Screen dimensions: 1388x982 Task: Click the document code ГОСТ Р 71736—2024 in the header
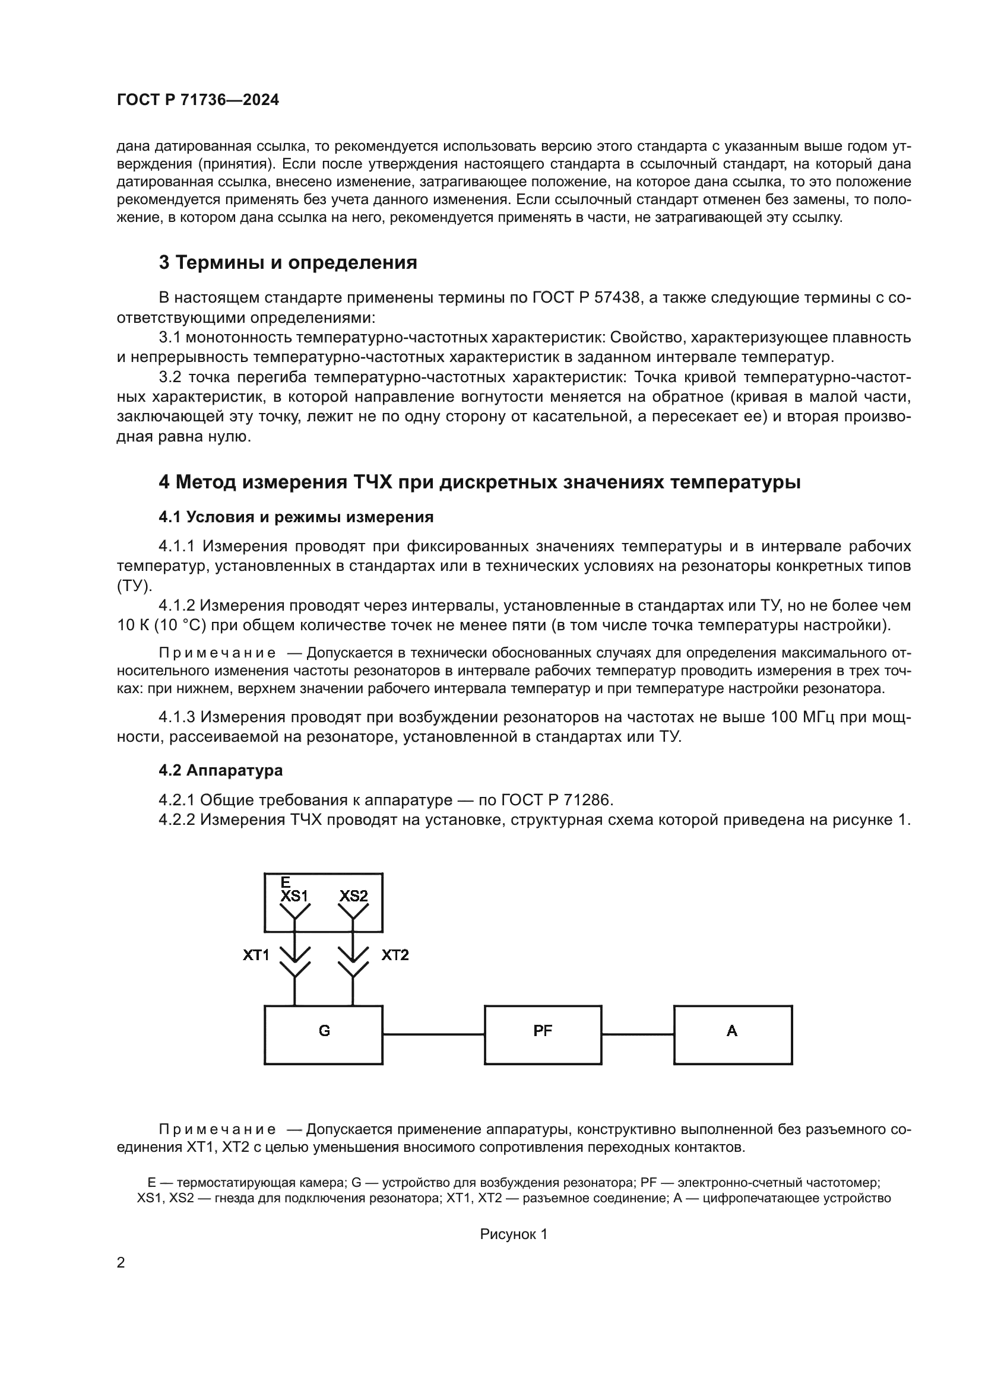pyautogui.click(x=198, y=100)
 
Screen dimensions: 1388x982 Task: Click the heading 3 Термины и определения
pyautogui.click(x=288, y=262)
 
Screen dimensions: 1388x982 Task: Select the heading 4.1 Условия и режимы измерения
pyautogui.click(x=296, y=517)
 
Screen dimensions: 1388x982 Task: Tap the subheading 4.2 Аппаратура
pyautogui.click(x=221, y=770)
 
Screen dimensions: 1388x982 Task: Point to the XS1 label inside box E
pyautogui.click(x=294, y=896)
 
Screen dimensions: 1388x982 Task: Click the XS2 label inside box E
pyautogui.click(x=353, y=896)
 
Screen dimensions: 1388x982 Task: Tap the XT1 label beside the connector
pyautogui.click(x=256, y=955)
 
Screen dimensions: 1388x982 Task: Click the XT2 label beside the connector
pyautogui.click(x=395, y=955)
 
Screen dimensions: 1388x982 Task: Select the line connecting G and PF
pyautogui.click(x=433, y=1034)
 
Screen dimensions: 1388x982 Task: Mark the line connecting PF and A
pyautogui.click(x=637, y=1034)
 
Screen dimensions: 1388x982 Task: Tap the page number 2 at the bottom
pyautogui.click(x=121, y=1263)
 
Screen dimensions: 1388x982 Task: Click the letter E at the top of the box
pyautogui.click(x=286, y=882)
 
